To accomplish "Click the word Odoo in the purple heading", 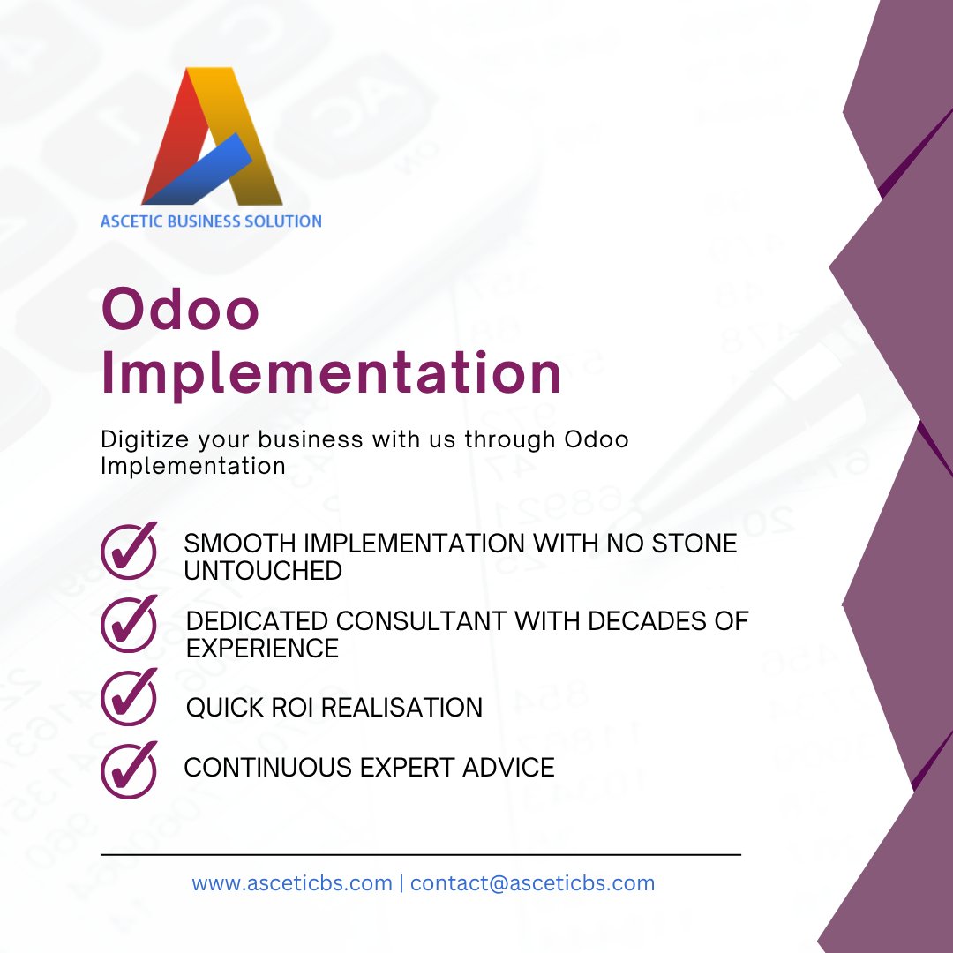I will tap(181, 310).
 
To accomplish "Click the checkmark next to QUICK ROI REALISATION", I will tap(129, 696).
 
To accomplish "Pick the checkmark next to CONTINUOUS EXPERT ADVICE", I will tap(129, 769).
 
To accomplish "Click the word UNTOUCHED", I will tap(263, 571).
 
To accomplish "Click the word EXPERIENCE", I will tap(262, 649).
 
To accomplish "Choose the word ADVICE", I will tap(510, 767).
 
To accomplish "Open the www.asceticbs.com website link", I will tap(292, 882).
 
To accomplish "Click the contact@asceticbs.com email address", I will tap(532, 882).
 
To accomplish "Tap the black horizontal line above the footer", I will tap(421, 854).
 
